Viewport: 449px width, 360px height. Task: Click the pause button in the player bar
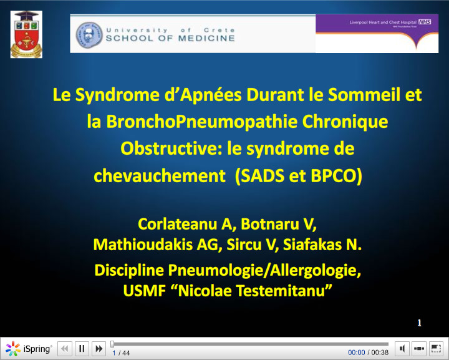[x=82, y=349]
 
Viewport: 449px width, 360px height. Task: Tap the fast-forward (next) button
[x=99, y=349]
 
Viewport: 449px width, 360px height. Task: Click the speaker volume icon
[x=403, y=349]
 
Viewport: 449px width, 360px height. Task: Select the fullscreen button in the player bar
[x=436, y=349]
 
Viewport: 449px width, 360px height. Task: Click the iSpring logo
[x=29, y=349]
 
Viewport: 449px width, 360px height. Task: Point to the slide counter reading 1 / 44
[x=121, y=353]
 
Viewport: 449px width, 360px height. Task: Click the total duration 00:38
[x=380, y=353]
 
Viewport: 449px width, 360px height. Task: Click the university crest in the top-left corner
[x=27, y=34]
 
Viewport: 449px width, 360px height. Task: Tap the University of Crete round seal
[x=89, y=34]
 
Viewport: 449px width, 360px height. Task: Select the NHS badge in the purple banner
[x=425, y=22]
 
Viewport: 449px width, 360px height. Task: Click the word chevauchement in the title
[x=160, y=176]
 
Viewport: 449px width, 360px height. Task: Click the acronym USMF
[x=142, y=290]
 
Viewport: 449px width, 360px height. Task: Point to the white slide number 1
[x=420, y=323]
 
